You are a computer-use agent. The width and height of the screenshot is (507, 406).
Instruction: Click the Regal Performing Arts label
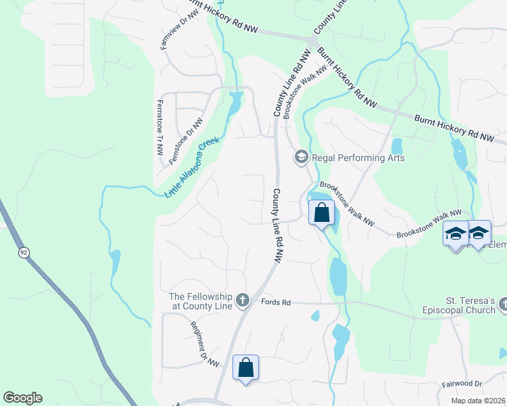pos(358,158)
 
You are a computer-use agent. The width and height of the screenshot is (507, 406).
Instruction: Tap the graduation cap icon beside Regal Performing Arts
pos(301,158)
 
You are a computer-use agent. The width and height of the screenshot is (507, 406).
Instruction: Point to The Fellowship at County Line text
pos(201,301)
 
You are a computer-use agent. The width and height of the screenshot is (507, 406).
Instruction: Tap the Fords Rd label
pos(275,302)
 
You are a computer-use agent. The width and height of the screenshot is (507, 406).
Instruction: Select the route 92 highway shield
pos(24,252)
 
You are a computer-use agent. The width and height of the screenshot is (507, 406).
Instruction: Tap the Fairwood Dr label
pos(462,384)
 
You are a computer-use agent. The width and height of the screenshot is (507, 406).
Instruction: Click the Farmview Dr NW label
pos(171,31)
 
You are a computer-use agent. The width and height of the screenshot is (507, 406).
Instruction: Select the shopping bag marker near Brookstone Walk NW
pos(322,213)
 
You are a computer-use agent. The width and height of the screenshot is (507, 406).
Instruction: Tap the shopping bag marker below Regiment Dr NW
pos(245,368)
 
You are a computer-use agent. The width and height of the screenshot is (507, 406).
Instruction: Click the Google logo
pos(22,398)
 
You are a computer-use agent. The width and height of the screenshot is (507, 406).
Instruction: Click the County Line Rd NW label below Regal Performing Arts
pos(277,225)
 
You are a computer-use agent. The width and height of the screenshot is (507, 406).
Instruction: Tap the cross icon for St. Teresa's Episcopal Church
pos(502,305)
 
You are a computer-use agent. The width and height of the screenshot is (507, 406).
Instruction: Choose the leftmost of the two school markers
pos(455,234)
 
